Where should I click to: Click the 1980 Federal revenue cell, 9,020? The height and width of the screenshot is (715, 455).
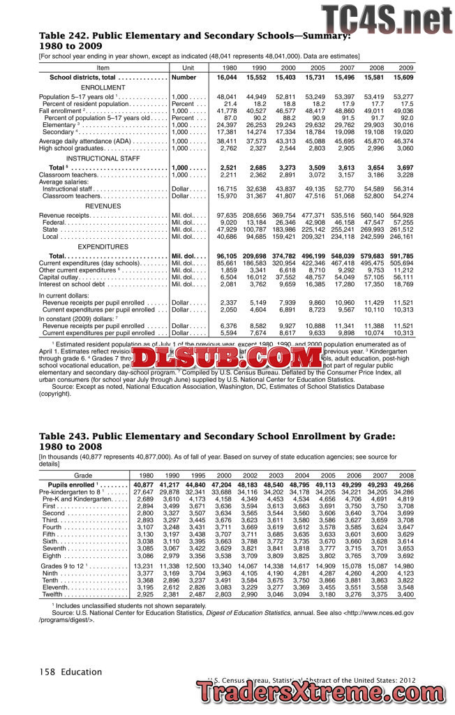point(227,222)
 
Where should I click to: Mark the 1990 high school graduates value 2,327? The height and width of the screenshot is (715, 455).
point(257,148)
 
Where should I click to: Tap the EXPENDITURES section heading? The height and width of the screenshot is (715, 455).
point(103,247)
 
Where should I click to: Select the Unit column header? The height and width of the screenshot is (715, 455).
point(188,68)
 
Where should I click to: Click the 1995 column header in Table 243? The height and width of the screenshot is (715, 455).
point(196,475)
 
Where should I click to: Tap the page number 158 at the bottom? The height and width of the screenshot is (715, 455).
point(48,672)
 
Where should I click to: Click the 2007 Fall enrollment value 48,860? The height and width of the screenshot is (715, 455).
point(345,110)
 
